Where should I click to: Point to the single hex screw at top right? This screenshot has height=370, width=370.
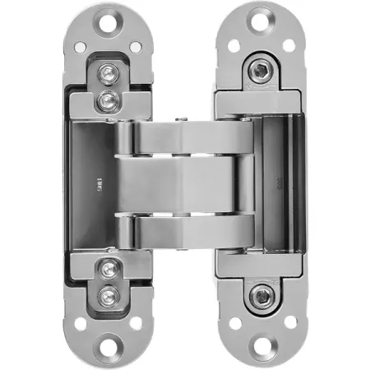click(261, 72)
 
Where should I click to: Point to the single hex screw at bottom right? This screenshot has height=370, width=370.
click(261, 296)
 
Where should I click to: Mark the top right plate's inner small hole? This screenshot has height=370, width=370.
click(234, 46)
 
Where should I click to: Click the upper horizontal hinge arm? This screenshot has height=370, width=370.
click(185, 138)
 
